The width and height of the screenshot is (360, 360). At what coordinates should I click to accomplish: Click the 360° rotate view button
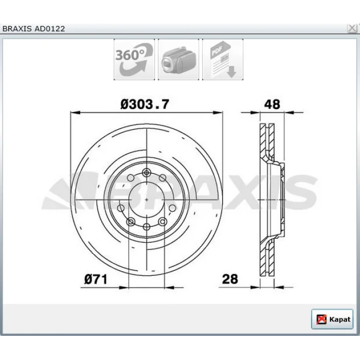[134, 60]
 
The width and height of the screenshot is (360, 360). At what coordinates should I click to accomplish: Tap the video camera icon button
[178, 60]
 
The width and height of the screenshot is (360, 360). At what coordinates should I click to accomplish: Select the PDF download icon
[223, 60]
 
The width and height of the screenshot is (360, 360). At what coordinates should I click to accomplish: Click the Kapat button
[332, 319]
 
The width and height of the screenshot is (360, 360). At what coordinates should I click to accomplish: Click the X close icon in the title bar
[352, 28]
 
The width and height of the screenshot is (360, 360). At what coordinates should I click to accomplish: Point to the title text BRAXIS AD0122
[34, 29]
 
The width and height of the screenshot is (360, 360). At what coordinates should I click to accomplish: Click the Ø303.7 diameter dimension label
[145, 104]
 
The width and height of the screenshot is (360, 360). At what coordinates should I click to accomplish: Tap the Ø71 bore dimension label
[96, 279]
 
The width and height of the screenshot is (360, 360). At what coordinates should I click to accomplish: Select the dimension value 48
[272, 104]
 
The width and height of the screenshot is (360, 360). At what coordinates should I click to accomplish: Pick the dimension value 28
[230, 279]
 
